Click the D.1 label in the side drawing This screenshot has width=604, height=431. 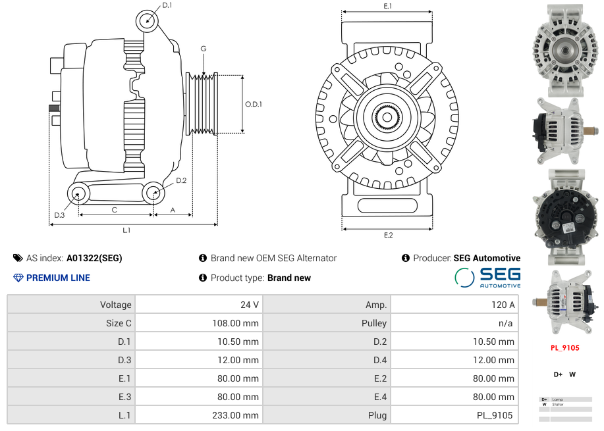point(167,5)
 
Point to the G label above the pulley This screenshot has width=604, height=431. point(204,49)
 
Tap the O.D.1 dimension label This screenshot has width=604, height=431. point(254,104)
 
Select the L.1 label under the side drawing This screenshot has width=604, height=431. point(126,230)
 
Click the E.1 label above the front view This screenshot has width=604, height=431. point(388,6)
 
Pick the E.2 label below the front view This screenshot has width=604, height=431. point(388,236)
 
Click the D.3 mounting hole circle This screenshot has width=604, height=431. point(79,193)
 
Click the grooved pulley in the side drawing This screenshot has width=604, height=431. point(202,104)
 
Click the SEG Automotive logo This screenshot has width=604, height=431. point(487,277)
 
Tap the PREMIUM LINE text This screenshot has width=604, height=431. point(58,278)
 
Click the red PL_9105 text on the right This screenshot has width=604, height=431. point(564,348)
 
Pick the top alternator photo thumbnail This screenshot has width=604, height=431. point(564,50)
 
